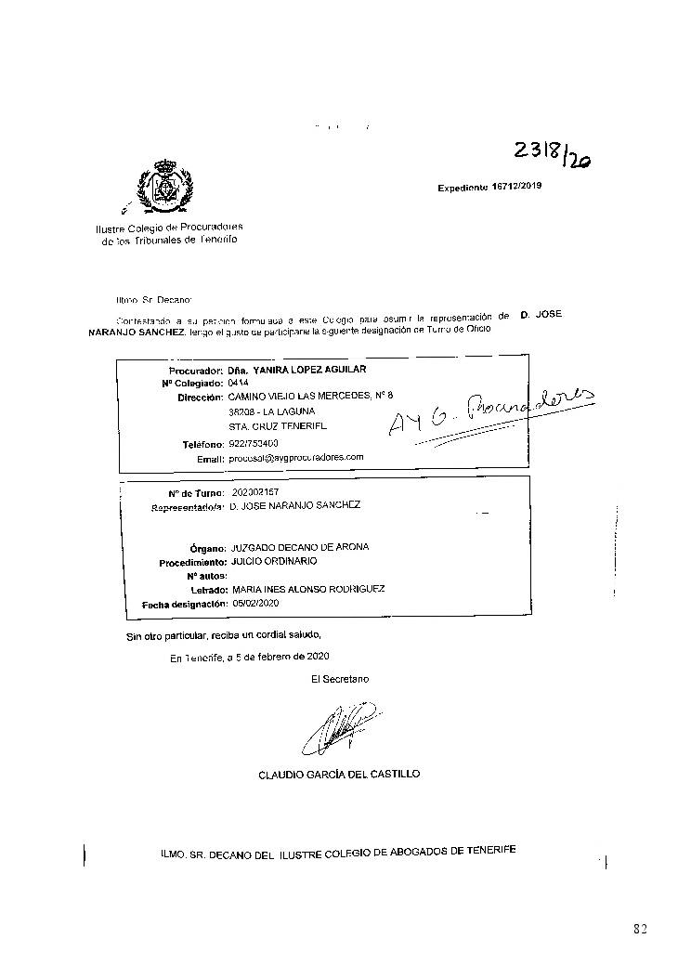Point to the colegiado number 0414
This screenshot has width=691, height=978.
pos(239,383)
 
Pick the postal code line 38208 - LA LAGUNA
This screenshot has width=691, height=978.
pos(271,411)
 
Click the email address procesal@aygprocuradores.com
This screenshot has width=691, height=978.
pos(295,458)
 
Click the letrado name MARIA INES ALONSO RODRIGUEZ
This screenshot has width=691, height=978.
pos(306,589)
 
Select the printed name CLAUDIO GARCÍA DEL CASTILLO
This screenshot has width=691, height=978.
pos(339,774)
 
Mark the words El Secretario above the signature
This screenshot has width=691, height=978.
pos(340,679)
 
